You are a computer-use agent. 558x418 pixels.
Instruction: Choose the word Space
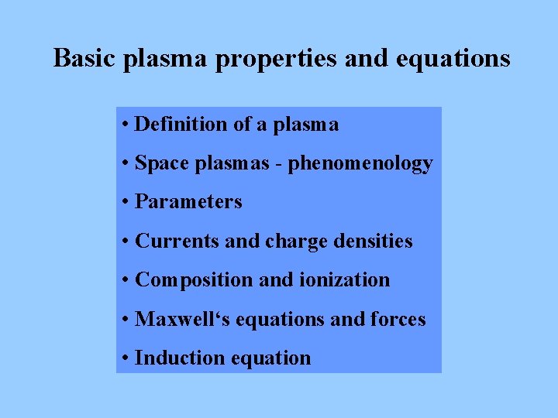(x=160, y=163)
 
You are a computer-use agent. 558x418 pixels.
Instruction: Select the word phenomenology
(x=360, y=164)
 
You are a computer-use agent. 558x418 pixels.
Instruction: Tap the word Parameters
(x=188, y=202)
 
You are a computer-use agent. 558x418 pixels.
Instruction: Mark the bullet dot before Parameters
(x=126, y=203)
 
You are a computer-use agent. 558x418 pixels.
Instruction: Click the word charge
(x=296, y=242)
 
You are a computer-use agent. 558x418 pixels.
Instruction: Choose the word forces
(x=399, y=319)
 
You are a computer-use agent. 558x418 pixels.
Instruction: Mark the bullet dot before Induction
(x=126, y=358)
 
